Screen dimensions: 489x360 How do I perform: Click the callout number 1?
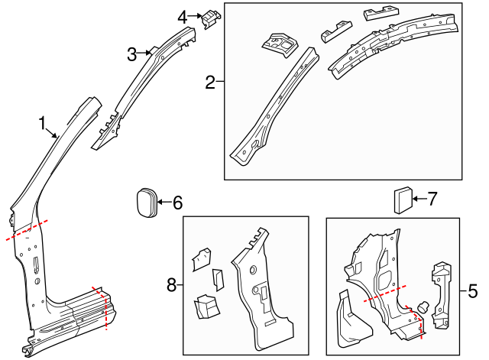[42, 123]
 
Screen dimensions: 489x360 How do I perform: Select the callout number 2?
[210, 83]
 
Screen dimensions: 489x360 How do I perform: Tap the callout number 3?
[131, 54]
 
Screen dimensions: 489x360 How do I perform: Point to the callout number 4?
[183, 18]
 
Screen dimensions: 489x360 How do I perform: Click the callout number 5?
[473, 291]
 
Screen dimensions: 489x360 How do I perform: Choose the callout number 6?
[177, 203]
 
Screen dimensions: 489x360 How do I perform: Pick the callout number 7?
[432, 199]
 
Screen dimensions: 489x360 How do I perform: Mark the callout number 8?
[171, 285]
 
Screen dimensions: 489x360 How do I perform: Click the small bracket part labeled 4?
[212, 19]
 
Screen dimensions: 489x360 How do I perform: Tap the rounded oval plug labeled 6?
[147, 203]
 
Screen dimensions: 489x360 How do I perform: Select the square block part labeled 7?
[403, 200]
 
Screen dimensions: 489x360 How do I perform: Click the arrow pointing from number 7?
[419, 199]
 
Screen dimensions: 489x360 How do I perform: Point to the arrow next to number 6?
[164, 203]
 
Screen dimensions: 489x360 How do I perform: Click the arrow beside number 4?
[196, 15]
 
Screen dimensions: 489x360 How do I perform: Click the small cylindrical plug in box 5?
[423, 306]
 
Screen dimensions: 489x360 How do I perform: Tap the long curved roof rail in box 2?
[393, 46]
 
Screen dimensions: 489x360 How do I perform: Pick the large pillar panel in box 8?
[263, 290]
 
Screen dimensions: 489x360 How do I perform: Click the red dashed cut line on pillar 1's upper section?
[28, 230]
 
